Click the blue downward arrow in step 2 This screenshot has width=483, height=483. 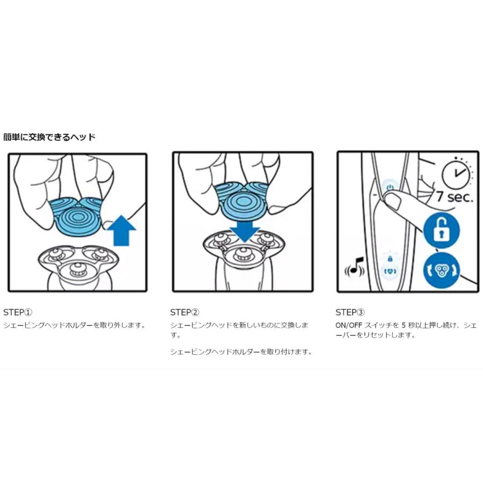(245, 230)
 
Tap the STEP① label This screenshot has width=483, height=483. (18, 312)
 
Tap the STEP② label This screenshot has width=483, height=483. (185, 312)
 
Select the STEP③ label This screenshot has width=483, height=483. (350, 312)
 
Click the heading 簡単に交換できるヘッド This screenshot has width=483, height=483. (49, 137)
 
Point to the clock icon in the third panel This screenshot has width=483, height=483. (456, 173)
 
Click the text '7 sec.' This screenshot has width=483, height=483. (455, 196)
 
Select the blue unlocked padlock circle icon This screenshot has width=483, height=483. (442, 230)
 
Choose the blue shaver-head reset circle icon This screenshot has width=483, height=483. (442, 270)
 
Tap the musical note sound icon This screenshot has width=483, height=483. (355, 267)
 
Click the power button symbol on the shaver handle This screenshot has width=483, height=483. (390, 187)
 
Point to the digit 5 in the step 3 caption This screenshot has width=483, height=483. (404, 325)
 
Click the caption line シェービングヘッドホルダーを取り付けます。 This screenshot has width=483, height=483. (241, 352)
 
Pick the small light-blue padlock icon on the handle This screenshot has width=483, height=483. (390, 259)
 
